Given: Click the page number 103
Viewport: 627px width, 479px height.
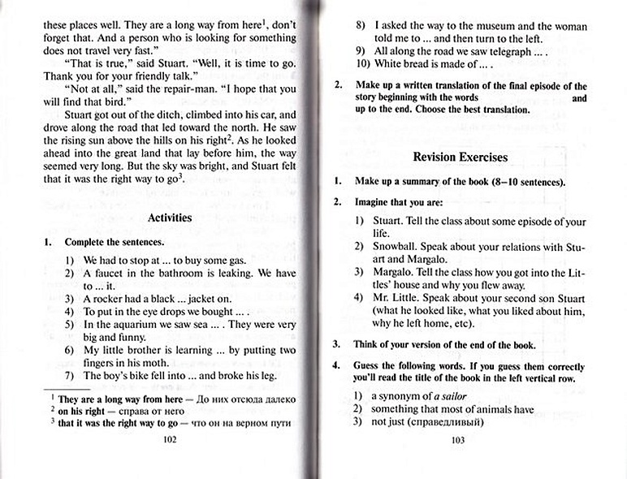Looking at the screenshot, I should pos(457,441).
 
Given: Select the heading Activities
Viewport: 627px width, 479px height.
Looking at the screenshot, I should pos(170,218).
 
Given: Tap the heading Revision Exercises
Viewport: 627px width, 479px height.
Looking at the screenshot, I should pos(461,157).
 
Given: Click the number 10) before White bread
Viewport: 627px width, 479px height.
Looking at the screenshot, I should pos(363,65).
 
